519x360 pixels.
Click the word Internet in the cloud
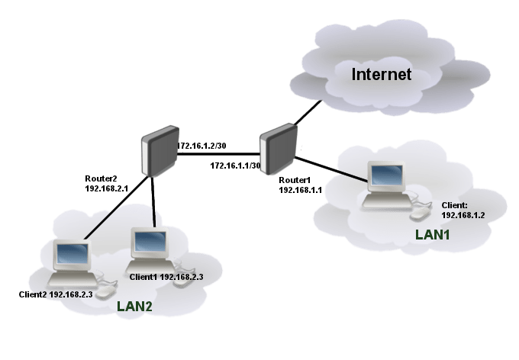pyautogui.click(x=382, y=74)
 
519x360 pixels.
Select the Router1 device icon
pyautogui.click(x=278, y=149)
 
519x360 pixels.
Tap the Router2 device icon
pyautogui.click(x=160, y=151)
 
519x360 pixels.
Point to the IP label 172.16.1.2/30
pyautogui.click(x=201, y=146)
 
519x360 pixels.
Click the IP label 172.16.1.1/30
pyautogui.click(x=235, y=166)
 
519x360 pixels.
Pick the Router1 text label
pyautogui.click(x=295, y=180)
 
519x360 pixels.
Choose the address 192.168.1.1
pyautogui.click(x=300, y=190)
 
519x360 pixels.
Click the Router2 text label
pyautogui.click(x=101, y=178)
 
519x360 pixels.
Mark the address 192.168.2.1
pyautogui.click(x=106, y=188)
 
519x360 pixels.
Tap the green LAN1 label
pyautogui.click(x=432, y=235)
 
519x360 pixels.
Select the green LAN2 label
pyautogui.click(x=134, y=307)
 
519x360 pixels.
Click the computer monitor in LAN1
pyautogui.click(x=387, y=176)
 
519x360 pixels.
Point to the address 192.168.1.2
pyautogui.click(x=463, y=215)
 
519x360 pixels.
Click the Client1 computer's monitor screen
pyautogui.click(x=150, y=241)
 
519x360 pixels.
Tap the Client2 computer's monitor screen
pyautogui.click(x=73, y=254)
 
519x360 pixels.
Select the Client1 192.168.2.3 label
pyautogui.click(x=166, y=277)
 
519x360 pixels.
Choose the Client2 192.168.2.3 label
pyautogui.click(x=56, y=294)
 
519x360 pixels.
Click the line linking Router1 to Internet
pyautogui.click(x=308, y=113)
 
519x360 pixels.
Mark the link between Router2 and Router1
pyautogui.click(x=218, y=154)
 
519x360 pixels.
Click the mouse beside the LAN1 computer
pyautogui.click(x=421, y=213)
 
